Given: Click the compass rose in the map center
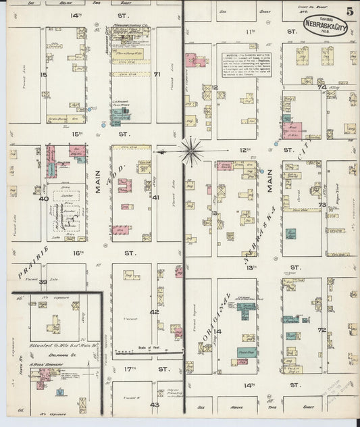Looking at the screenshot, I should tap(191, 151).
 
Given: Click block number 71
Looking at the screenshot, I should tap(157, 74).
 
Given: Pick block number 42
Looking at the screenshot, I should tap(155, 311).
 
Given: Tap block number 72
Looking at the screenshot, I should tap(322, 330).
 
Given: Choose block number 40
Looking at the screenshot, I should tap(43, 199).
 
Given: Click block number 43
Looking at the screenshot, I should tap(155, 404).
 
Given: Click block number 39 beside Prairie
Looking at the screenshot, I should tap(43, 281).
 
